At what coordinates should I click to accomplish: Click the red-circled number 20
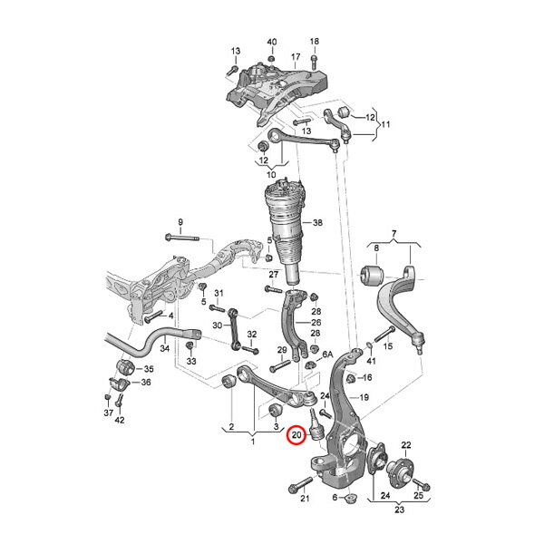pyautogui.click(x=296, y=434)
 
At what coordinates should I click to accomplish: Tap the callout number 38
pyautogui.click(x=317, y=222)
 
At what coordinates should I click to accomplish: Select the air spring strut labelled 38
pyautogui.click(x=285, y=230)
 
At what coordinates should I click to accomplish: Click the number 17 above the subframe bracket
pyautogui.click(x=296, y=56)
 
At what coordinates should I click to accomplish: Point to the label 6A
pyautogui.click(x=327, y=355)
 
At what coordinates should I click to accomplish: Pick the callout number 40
pyautogui.click(x=272, y=42)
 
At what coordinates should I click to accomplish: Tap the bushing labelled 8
pyautogui.click(x=371, y=276)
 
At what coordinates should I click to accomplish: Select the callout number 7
pyautogui.click(x=393, y=234)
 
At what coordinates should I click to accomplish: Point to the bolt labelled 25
pyautogui.click(x=422, y=484)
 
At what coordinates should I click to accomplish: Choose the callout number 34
pyautogui.click(x=164, y=347)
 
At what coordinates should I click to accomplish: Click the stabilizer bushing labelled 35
pyautogui.click(x=124, y=367)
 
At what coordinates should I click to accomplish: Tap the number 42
pyautogui.click(x=120, y=420)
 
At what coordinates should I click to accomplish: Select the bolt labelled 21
pyautogui.click(x=301, y=485)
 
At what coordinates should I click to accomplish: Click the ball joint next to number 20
pyautogui.click(x=315, y=425)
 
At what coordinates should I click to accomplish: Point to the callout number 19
pyautogui.click(x=364, y=397)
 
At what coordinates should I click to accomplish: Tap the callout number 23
pyautogui.click(x=399, y=510)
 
